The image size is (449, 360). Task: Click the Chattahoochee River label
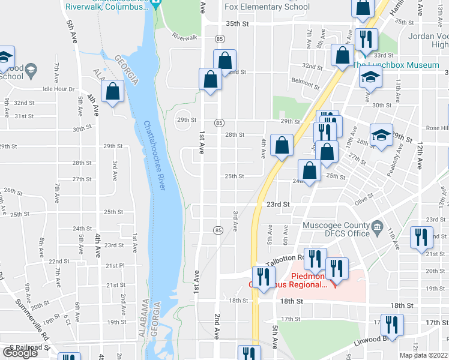point(155,156)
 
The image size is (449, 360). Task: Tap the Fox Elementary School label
point(267,7)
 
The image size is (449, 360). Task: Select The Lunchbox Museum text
point(396,65)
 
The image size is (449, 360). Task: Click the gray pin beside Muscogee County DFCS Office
point(376,226)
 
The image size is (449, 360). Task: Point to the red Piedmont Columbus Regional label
point(309,280)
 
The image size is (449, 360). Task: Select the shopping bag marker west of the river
point(113,92)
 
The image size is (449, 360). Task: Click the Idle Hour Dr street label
point(58,89)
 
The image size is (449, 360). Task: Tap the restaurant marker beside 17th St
point(392,325)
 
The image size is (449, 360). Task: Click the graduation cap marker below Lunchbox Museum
point(371,77)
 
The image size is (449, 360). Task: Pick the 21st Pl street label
point(113,265)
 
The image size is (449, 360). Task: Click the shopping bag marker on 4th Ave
point(282,145)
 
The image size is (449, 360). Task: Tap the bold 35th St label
point(237,23)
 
